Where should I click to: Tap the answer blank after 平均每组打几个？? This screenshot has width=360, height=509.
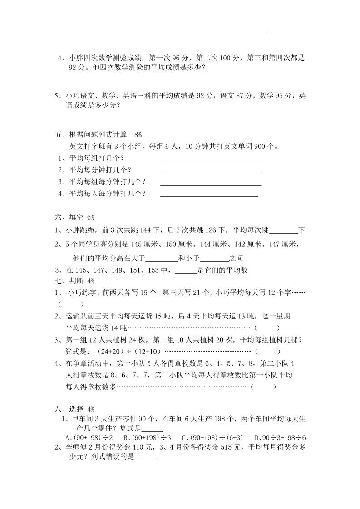209,160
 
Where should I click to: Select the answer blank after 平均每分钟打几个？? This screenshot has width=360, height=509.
211,171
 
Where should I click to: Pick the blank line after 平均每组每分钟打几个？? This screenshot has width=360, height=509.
211,183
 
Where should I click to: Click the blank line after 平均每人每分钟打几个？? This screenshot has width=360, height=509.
209,195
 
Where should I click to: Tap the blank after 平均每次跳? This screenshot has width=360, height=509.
283,231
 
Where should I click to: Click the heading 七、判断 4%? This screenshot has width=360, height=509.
74,281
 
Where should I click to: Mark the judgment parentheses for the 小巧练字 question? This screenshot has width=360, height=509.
71,303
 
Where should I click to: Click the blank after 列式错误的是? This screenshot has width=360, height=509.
146,458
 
